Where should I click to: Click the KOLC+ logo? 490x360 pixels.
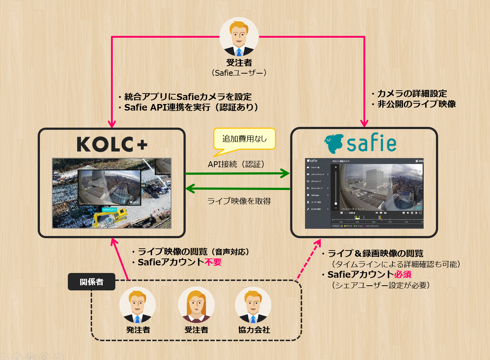(112, 144)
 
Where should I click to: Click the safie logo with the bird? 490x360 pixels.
(360, 143)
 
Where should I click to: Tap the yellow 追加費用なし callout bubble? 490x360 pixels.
(244, 139)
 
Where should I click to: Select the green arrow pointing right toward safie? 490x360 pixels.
(238, 173)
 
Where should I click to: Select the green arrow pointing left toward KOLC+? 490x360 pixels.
(238, 189)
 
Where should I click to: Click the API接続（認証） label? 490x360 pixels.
(236, 164)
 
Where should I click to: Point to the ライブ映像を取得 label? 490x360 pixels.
(239, 201)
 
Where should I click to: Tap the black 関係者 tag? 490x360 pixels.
(91, 282)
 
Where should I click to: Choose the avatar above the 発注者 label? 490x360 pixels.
(137, 305)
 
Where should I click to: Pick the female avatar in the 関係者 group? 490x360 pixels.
(196, 305)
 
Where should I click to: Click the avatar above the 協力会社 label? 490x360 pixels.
(253, 305)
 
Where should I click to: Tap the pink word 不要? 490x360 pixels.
(213, 262)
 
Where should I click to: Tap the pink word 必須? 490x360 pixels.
(403, 274)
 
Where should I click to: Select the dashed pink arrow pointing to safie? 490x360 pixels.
(308, 259)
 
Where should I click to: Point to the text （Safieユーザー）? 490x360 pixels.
(239, 73)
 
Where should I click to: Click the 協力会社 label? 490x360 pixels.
(254, 330)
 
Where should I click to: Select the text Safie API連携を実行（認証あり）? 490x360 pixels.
(191, 107)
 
